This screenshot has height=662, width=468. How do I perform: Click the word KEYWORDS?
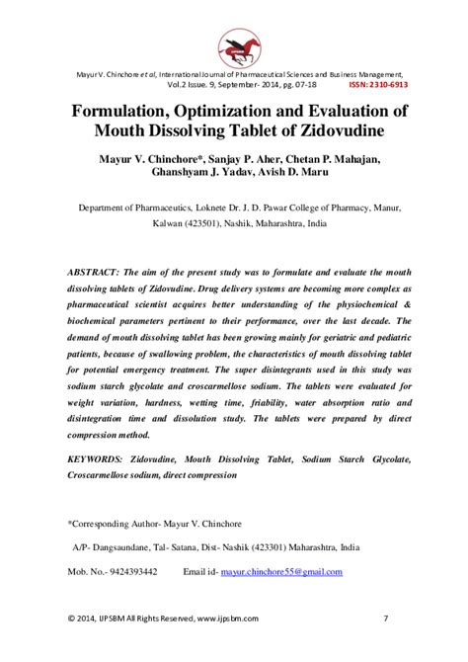(x=103, y=461)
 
